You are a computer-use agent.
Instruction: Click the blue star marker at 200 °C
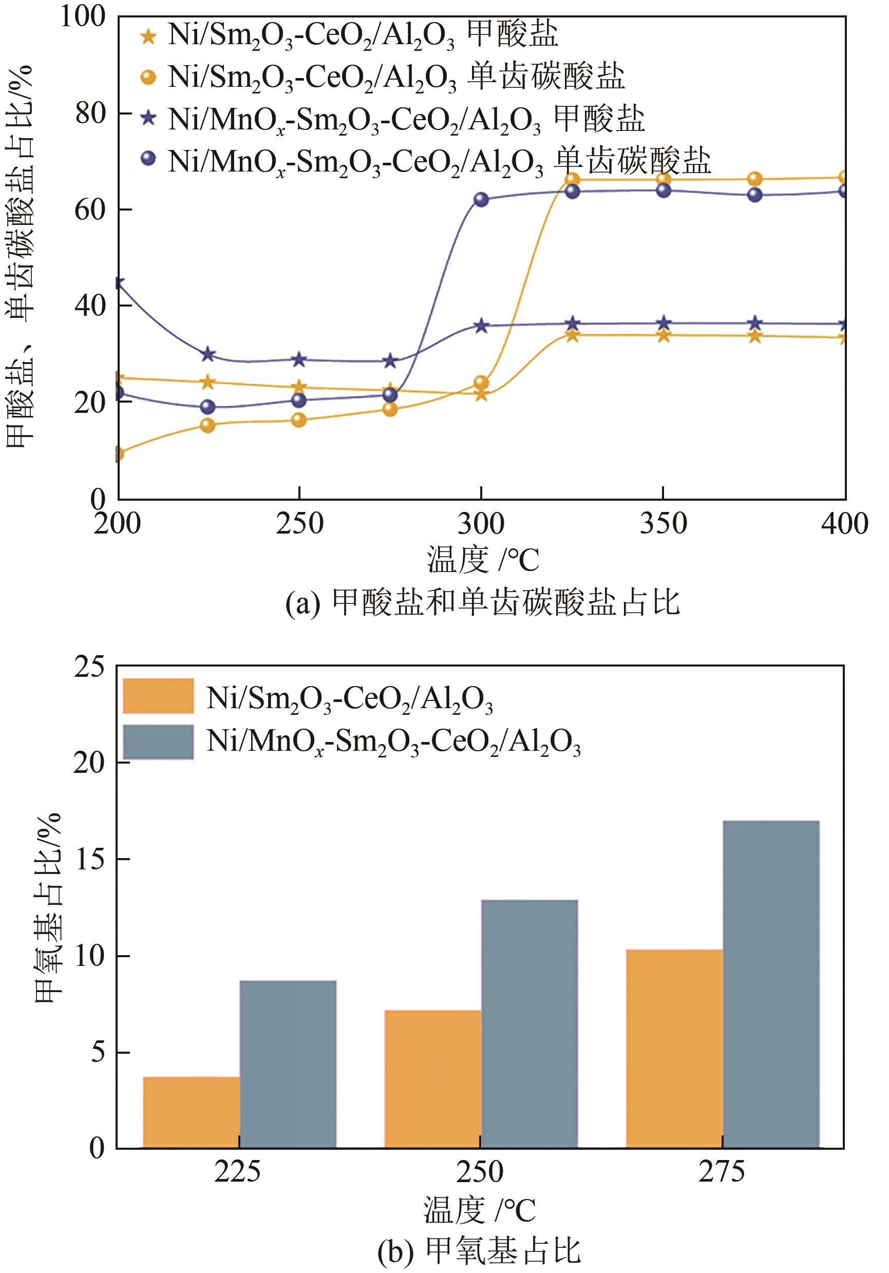point(119,283)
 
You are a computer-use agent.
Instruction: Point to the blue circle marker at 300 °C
point(481,200)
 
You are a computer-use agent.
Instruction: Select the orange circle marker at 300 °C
point(481,383)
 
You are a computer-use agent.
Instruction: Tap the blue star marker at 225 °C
point(208,354)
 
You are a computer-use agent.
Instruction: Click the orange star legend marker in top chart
point(148,36)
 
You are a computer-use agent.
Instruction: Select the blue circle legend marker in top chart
point(148,159)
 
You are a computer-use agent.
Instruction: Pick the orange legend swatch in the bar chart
point(158,695)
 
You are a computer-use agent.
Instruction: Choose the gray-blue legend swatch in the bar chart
point(158,742)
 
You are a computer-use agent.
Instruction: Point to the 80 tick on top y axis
point(90,113)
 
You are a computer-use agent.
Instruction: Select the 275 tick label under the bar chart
point(722,1171)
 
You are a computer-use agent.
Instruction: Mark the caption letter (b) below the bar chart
point(394,1252)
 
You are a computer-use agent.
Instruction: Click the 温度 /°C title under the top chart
point(482,560)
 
